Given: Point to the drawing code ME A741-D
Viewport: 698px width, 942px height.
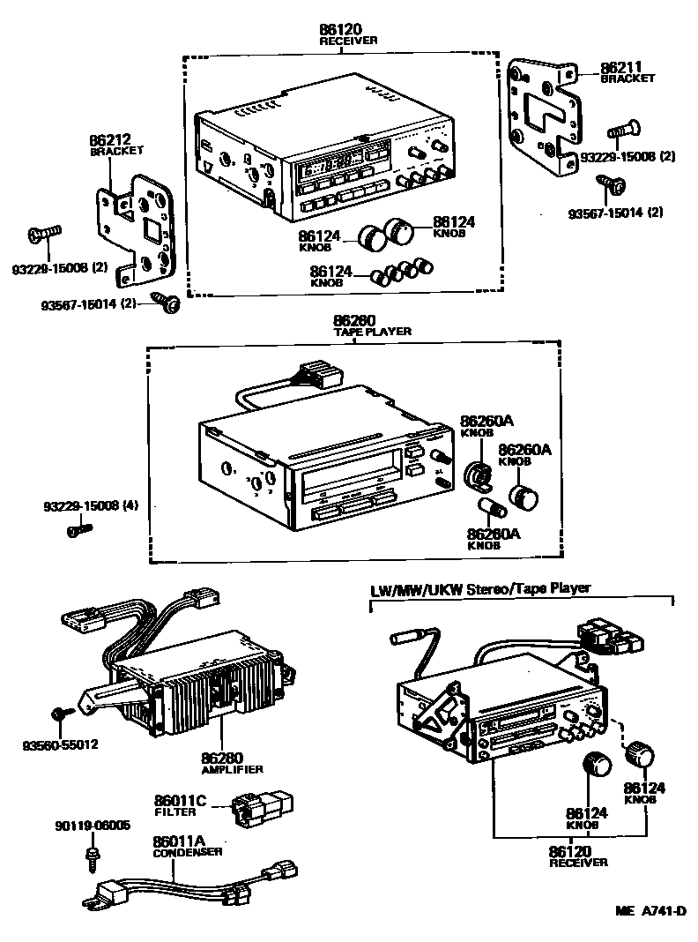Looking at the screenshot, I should pyautogui.click(x=650, y=911).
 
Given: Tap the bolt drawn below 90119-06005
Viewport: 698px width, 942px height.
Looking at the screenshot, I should pyautogui.click(x=91, y=854).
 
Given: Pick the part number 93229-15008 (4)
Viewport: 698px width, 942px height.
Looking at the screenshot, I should pyautogui.click(x=92, y=506).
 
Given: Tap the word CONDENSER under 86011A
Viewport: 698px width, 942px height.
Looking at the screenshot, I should pyautogui.click(x=188, y=852).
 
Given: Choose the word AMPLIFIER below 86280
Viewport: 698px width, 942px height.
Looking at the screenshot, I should pyautogui.click(x=232, y=770).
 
